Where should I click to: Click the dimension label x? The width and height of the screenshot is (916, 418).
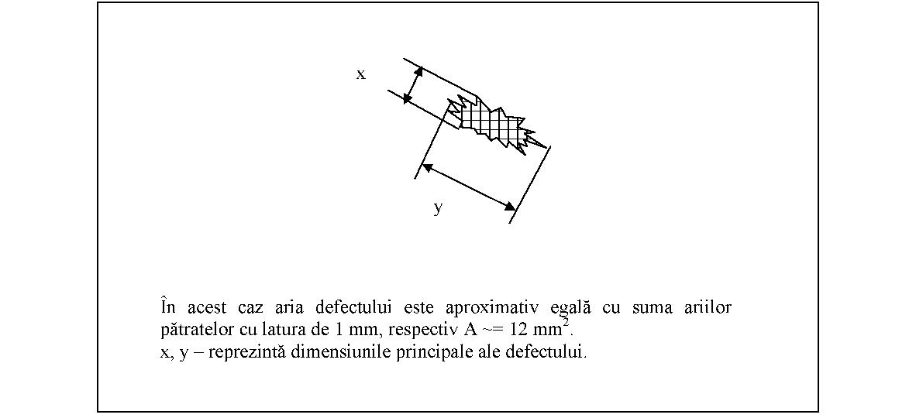(x=361, y=74)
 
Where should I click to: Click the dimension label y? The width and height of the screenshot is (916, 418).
(x=438, y=207)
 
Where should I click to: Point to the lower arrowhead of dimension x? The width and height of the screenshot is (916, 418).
(x=408, y=99)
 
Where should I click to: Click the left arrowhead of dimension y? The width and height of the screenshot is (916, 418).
(x=427, y=167)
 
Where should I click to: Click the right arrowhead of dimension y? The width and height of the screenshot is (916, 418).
(x=509, y=205)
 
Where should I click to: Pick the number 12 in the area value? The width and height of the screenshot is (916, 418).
(x=518, y=329)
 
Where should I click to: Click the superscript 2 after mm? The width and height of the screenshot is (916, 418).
(x=566, y=324)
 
